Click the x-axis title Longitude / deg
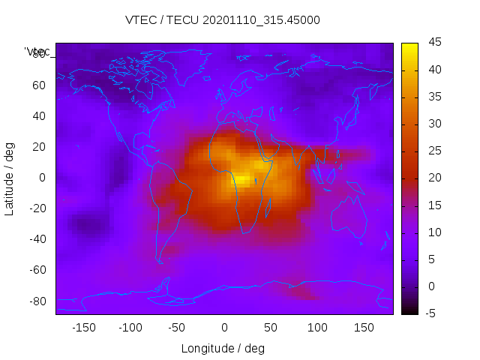tap(223, 349)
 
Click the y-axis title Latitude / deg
tap(10, 178)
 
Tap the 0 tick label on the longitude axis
tap(223, 328)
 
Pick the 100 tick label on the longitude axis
tap(317, 328)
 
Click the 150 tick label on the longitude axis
tap(364, 328)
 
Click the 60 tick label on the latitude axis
tap(38, 85)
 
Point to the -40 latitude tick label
tap(36, 239)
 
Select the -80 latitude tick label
tap(36, 301)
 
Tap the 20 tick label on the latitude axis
tap(38, 146)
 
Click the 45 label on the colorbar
tap(435, 43)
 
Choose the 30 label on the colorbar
tap(435, 124)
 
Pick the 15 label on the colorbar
tap(435, 205)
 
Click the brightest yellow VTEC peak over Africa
tap(242, 179)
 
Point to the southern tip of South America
tap(160, 262)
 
